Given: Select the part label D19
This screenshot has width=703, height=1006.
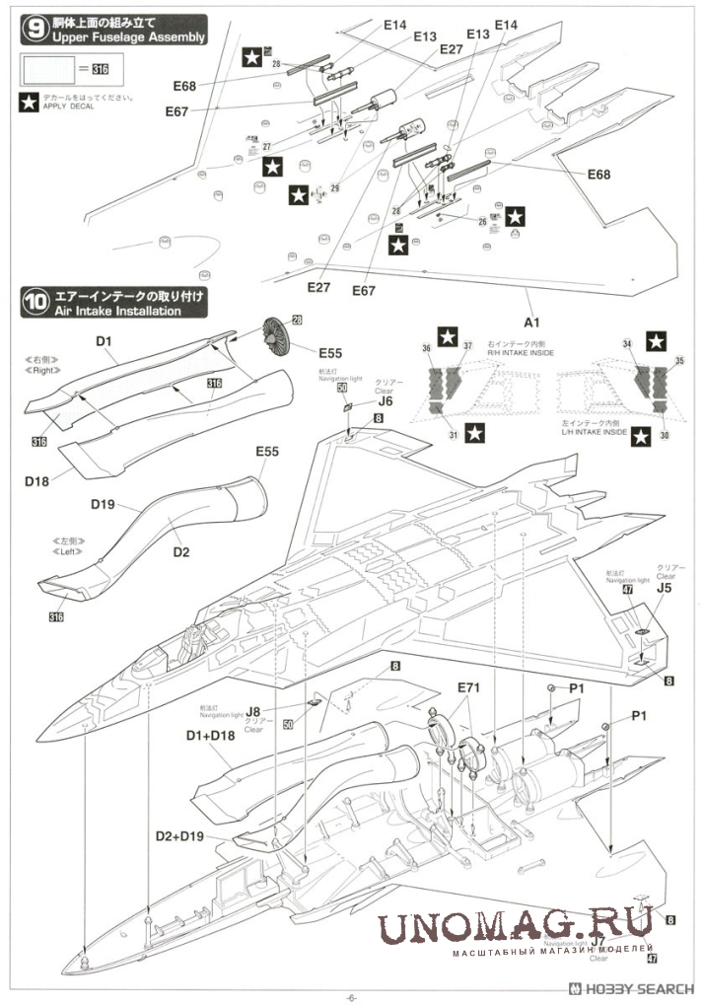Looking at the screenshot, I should coord(104,505).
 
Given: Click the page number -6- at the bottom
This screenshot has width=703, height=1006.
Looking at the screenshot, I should coord(352,995).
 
